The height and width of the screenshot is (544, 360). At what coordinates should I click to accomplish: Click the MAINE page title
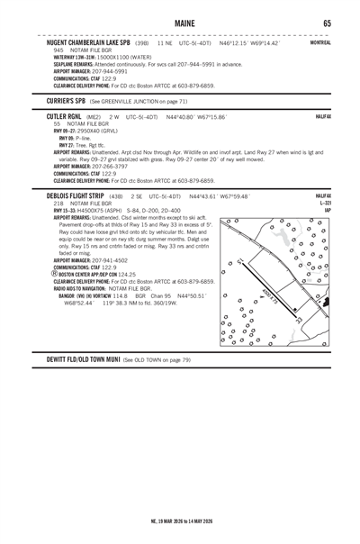point(180,22)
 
